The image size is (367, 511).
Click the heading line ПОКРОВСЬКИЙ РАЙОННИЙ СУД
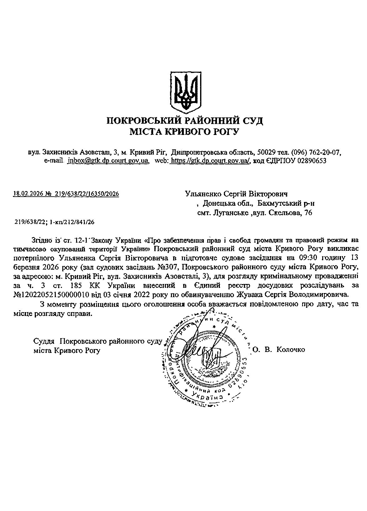pos(185,121)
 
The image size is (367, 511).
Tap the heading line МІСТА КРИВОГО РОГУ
pos(184,132)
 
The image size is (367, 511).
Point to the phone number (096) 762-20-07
pos(315,152)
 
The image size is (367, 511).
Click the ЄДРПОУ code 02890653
pos(309,161)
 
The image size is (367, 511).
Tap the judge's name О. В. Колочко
pos(278,349)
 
